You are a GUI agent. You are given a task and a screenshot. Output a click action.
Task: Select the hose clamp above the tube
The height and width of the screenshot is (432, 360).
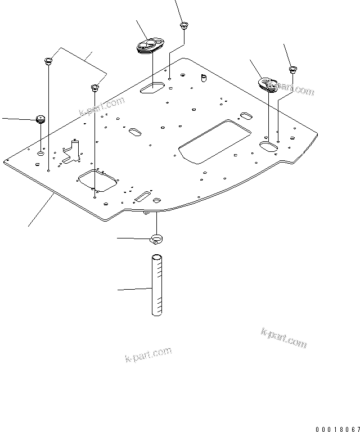pos(157,240)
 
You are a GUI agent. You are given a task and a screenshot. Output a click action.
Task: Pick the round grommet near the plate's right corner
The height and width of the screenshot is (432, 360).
pos(268,83)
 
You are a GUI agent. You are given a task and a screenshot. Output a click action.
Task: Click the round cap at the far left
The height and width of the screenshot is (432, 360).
pos(40,119)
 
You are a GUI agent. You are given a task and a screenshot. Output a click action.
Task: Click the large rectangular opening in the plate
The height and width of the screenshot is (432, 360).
pos(214,141)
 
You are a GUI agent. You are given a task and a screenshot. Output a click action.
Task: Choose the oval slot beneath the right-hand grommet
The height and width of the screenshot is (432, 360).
pos(269,145)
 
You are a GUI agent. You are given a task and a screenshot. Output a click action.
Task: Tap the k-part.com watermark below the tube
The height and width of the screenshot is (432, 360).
pos(148,355)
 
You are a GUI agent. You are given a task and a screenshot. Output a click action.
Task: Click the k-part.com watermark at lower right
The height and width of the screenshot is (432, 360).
pos(284,337)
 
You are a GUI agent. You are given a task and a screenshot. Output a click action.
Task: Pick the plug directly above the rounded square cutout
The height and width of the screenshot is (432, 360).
pos(95,87)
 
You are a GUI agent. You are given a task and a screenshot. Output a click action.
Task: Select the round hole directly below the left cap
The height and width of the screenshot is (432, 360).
pos(40,153)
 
